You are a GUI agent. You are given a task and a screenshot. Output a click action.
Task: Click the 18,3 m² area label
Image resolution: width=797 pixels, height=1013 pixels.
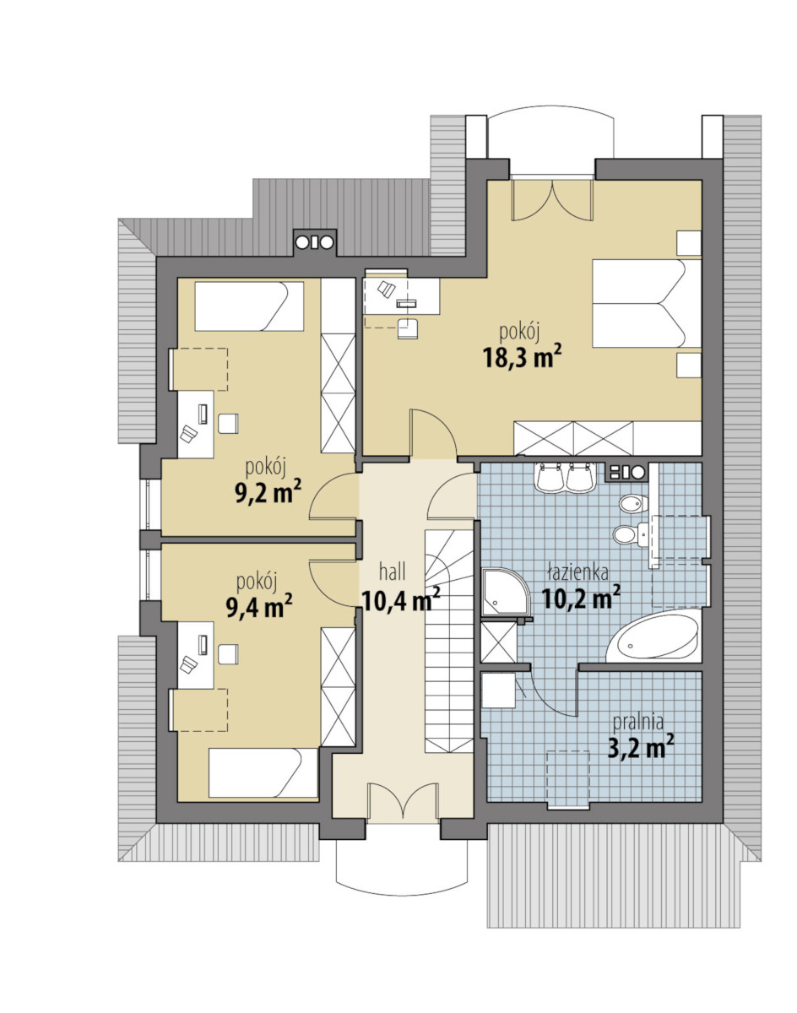pos(522,358)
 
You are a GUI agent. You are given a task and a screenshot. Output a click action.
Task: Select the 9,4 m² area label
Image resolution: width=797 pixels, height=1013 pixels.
pos(259,606)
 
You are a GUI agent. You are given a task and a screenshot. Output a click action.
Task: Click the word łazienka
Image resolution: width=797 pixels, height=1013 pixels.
pos(577,572)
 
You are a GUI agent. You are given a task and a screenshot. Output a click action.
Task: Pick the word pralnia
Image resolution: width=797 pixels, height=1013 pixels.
pos(638,722)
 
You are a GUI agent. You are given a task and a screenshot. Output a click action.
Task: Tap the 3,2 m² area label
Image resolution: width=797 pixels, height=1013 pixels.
pos(641,748)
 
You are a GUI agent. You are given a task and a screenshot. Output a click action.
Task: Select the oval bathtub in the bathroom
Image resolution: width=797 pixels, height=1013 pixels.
pos(653,637)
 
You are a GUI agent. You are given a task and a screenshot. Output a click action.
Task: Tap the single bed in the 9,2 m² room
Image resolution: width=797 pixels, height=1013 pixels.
pos(249,306)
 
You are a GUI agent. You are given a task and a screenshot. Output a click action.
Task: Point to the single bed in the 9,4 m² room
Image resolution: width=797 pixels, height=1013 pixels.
pos(263,772)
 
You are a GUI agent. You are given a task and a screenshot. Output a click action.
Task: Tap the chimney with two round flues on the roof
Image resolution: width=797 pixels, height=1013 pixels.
pos(314,242)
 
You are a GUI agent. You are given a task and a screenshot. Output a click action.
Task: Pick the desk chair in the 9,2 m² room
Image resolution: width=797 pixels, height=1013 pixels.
pos(228,423)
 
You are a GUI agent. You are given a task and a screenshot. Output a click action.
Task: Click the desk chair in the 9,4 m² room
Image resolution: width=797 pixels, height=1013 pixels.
pos(228,654)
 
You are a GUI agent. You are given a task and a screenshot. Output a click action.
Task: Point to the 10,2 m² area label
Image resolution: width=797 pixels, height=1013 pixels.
pos(581,598)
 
